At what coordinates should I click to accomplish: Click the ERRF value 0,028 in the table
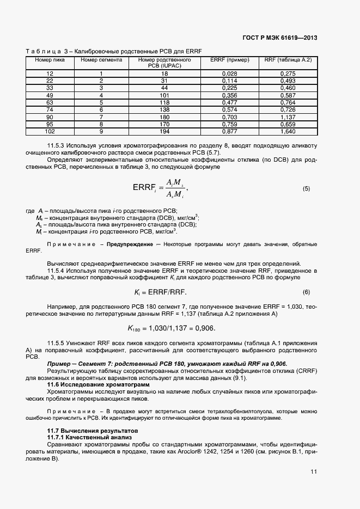point(229,73)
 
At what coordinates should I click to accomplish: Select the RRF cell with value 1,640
point(288,131)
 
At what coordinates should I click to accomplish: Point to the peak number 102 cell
point(50,131)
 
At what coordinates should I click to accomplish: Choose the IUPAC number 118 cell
point(164,102)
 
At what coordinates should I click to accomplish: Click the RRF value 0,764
point(288,102)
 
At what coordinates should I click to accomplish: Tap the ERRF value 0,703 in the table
point(229,116)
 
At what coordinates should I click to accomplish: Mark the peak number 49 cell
point(50,95)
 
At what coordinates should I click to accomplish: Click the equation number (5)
point(306,189)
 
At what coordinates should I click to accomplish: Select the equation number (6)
point(306,292)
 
